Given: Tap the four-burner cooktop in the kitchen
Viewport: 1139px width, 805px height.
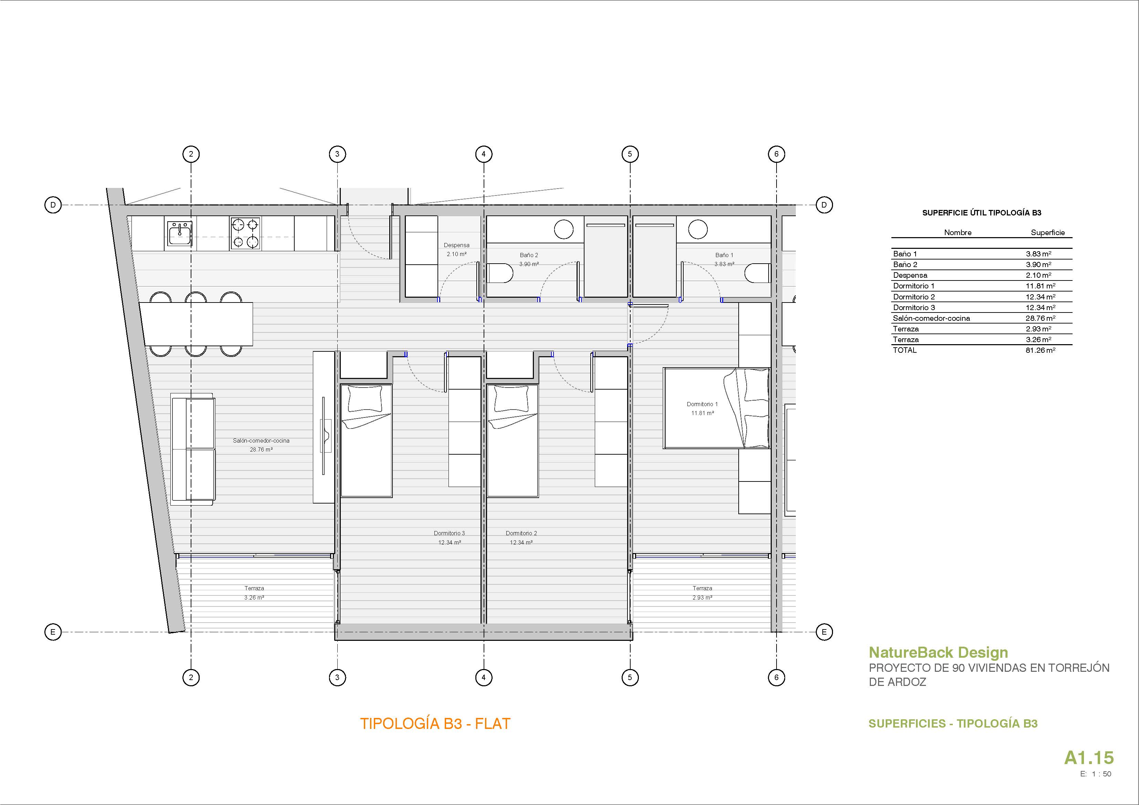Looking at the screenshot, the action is pos(245,233).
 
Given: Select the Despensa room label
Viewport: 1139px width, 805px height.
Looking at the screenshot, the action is pos(456,245).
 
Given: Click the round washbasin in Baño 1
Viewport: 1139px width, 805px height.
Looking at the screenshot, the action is pos(698,229).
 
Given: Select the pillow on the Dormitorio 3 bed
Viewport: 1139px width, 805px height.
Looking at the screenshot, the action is pos(366,399).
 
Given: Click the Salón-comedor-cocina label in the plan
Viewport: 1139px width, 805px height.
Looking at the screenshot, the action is pos(261,441).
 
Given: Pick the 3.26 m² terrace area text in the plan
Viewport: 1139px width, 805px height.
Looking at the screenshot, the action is pos(254,598).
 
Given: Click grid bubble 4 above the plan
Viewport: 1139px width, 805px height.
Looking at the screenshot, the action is pos(484,154).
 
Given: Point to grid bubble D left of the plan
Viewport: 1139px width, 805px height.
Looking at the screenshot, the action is pos(53,205).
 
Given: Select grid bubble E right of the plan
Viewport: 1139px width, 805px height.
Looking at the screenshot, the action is pos(824,632).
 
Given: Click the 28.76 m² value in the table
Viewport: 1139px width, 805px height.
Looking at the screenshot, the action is pos(1040,318).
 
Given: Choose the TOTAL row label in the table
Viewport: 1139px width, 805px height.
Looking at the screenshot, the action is pos(905,350).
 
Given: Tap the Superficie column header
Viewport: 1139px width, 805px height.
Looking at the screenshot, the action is pos(1048,233).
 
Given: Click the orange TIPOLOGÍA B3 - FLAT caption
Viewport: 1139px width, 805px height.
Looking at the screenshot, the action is pos(435,724).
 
